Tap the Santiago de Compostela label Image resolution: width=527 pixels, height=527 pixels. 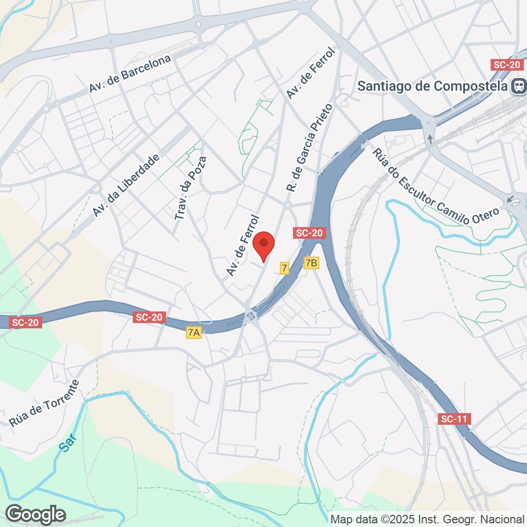pyautogui.click(x=433, y=86)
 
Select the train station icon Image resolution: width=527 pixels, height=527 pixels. pyautogui.click(x=520, y=86)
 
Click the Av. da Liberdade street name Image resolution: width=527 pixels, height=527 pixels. pyautogui.click(x=125, y=186)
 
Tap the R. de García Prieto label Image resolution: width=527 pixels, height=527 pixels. pyautogui.click(x=309, y=148)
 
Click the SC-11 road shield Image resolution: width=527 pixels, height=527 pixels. pyautogui.click(x=454, y=419)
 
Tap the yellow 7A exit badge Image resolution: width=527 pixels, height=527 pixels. pyautogui.click(x=194, y=333)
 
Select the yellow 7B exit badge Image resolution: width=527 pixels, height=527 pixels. pyautogui.click(x=312, y=262)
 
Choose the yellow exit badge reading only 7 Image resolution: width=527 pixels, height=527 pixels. pyautogui.click(x=285, y=268)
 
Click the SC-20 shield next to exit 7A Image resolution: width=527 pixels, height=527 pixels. pyautogui.click(x=150, y=317)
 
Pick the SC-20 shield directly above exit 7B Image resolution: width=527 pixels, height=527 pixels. pyautogui.click(x=309, y=233)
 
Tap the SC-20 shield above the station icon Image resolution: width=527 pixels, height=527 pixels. pyautogui.click(x=506, y=64)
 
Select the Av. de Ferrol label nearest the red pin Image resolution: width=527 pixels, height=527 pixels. pyautogui.click(x=243, y=245)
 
